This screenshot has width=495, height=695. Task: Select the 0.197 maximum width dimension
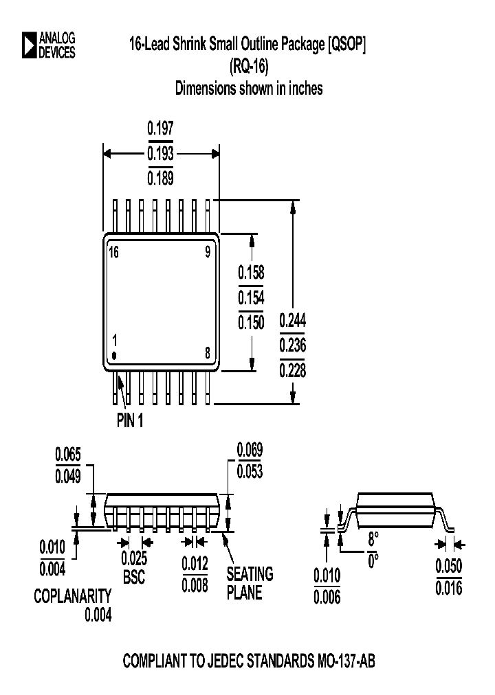161,128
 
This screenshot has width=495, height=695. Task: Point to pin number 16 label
114,252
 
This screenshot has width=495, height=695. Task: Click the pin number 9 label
208,252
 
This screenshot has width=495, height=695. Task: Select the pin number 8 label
208,354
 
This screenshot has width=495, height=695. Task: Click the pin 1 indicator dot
115,355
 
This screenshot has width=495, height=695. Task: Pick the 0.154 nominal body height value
251,297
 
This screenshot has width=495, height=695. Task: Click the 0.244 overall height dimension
293,321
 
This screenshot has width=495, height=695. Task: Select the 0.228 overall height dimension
293,371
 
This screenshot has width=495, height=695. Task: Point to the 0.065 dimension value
68,454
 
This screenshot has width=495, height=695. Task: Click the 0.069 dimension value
250,450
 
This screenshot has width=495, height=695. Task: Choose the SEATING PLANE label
250,582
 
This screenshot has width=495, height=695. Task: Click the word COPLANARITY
72,596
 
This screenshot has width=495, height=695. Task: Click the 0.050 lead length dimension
448,566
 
